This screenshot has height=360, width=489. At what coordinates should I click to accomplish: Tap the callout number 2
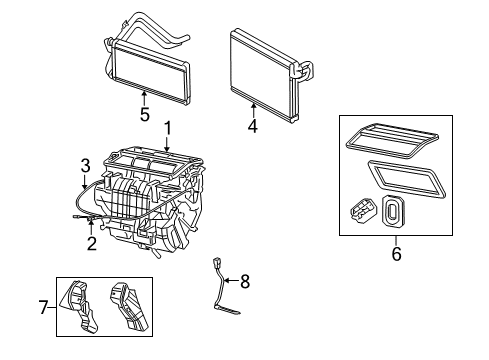91,242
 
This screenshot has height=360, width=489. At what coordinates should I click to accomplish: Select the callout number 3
86,164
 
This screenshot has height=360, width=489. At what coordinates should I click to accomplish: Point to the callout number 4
253,126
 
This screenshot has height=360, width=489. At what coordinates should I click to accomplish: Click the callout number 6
395,254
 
